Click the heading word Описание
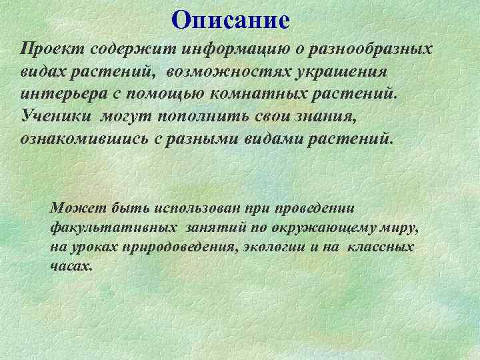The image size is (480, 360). [x=230, y=20]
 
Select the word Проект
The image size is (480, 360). [x=47, y=50]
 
